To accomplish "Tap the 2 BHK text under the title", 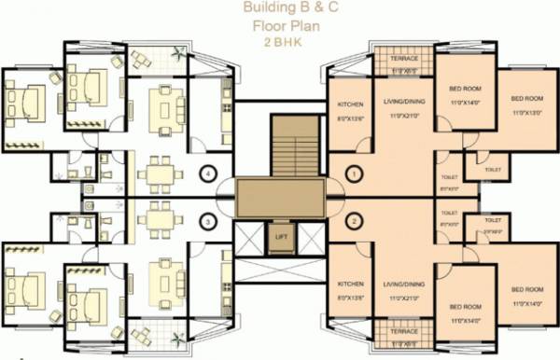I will [x=280, y=43].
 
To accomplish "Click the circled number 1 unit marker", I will [x=354, y=173].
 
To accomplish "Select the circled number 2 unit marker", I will [x=354, y=221].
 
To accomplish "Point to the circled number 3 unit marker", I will [x=210, y=222].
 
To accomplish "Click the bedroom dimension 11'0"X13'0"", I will [x=525, y=112].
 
